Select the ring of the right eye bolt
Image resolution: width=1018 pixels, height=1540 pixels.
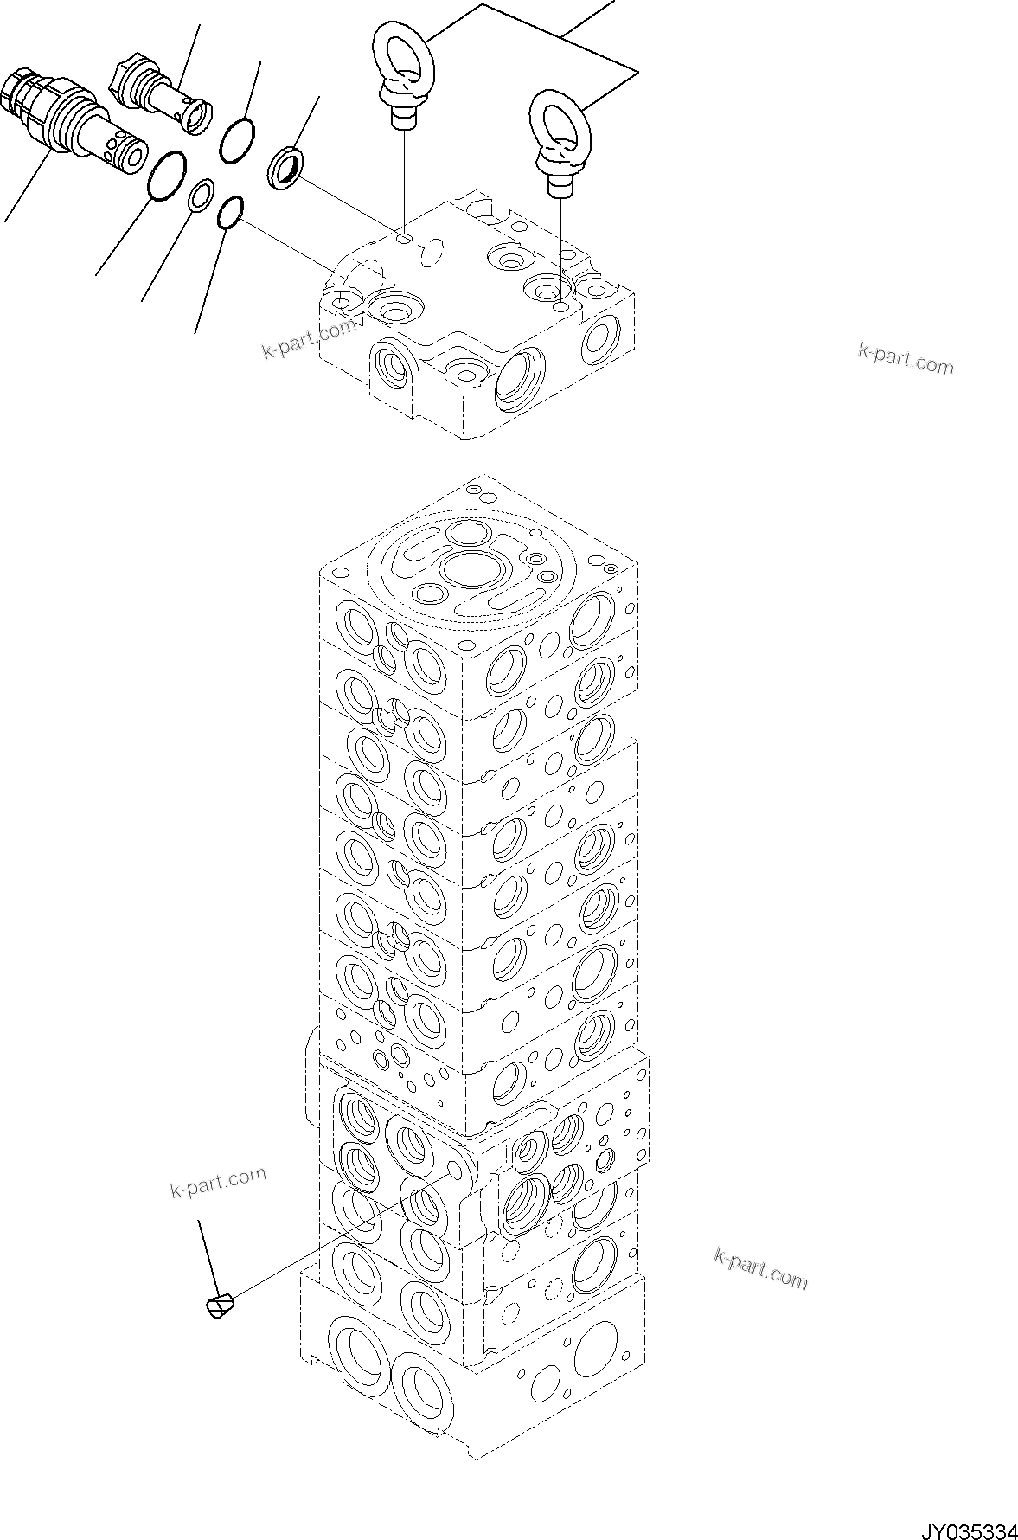[x=558, y=120]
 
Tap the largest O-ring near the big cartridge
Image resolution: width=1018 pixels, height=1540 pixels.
[x=167, y=176]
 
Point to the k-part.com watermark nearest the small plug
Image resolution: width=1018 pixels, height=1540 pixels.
[x=218, y=1181]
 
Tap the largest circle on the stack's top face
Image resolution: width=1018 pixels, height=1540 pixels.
[x=470, y=571]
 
